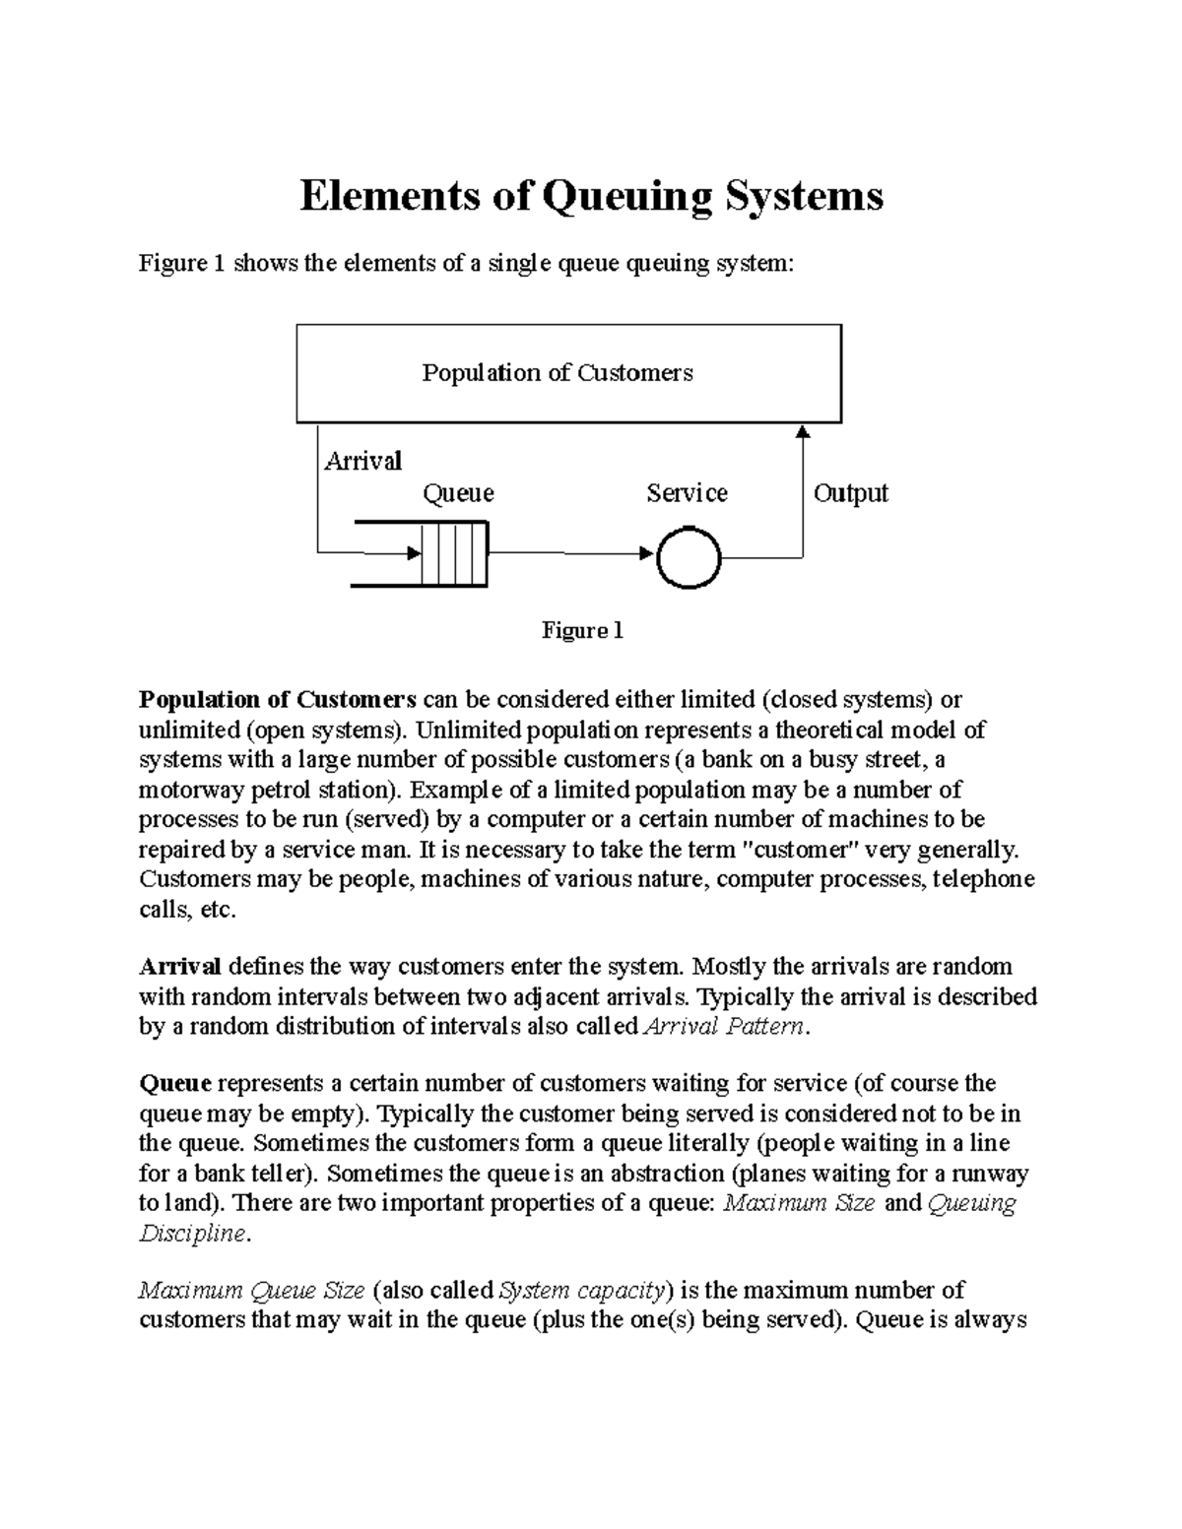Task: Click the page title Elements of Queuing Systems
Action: pos(591,196)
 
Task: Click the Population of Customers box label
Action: pos(558,372)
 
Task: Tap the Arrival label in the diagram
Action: pos(362,461)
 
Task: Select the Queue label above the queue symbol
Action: pos(458,493)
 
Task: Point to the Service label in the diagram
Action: pos(687,493)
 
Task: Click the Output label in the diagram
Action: pos(850,493)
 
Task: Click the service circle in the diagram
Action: pos(688,558)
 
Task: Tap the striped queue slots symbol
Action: pos(454,553)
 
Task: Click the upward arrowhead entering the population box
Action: pos(803,431)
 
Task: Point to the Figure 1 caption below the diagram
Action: pos(582,630)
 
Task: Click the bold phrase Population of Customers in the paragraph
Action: pos(278,700)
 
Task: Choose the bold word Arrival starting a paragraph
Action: pos(180,966)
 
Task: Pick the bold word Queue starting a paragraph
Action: pos(175,1084)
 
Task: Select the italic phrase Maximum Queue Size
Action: pos(252,1291)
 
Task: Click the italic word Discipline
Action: pos(191,1234)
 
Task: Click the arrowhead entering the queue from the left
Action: pos(415,553)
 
